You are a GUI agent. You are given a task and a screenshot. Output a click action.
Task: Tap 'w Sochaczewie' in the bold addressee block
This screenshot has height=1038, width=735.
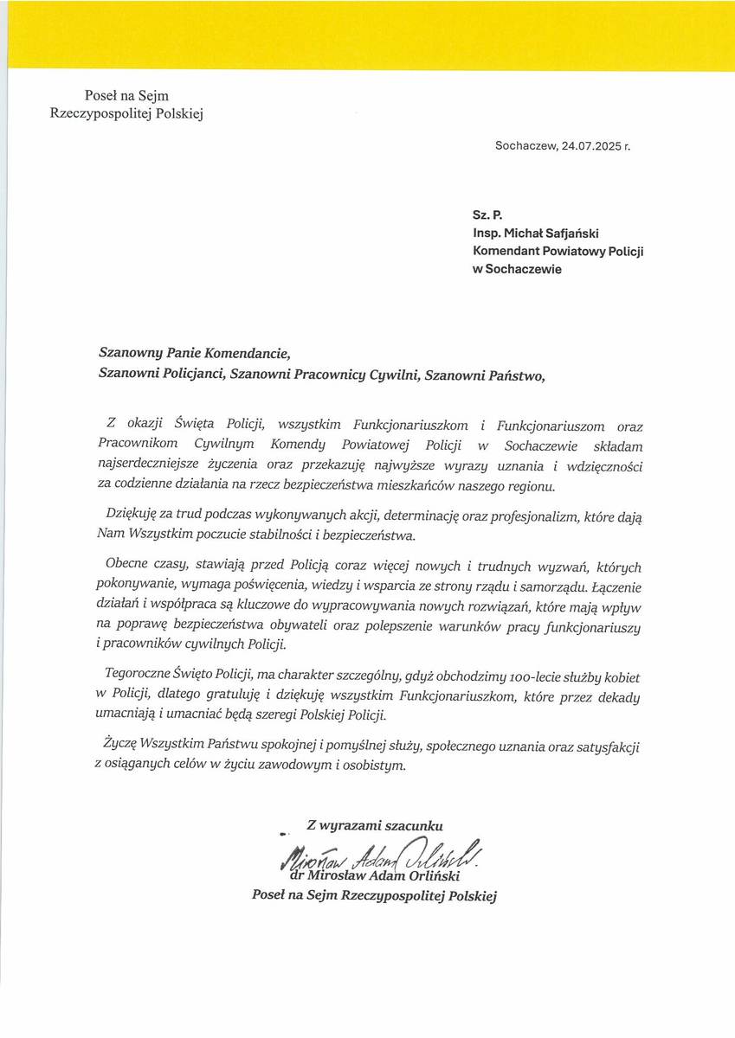click(516, 269)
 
